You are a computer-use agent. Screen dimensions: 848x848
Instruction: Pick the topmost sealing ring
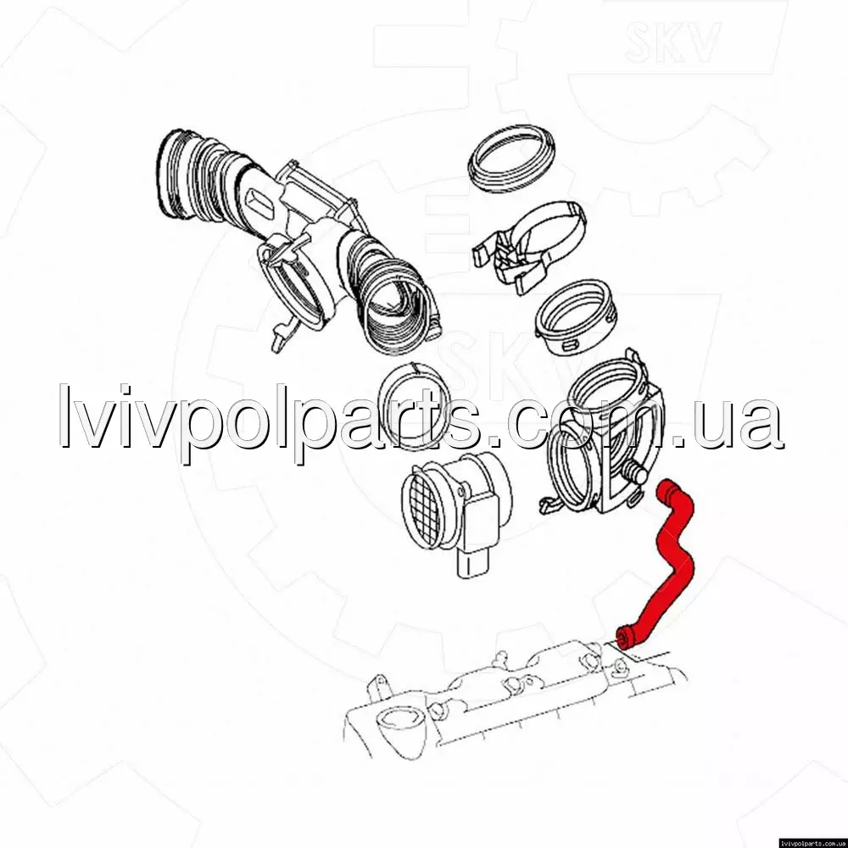[x=511, y=158]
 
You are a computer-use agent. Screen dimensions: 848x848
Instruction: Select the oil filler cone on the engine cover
[x=399, y=731]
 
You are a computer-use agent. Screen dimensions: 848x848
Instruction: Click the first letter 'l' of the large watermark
[x=65, y=416]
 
